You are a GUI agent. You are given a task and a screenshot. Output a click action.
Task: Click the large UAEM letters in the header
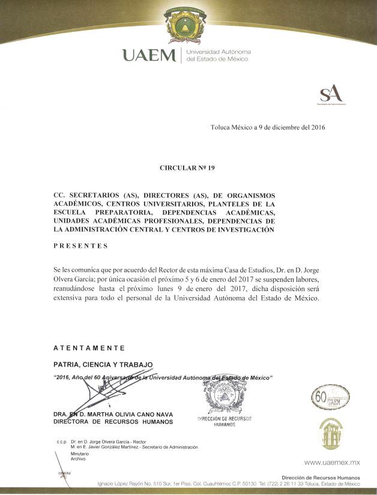(149, 56)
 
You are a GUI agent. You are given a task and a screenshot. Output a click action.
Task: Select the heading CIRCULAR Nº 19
(187, 168)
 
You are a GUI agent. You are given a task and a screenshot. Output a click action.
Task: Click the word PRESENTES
(80, 245)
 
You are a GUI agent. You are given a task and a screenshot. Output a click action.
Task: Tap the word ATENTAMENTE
(89, 348)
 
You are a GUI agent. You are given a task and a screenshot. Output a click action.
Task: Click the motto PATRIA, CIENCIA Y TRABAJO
(103, 364)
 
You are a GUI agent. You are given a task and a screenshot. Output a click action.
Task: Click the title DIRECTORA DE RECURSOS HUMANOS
(113, 422)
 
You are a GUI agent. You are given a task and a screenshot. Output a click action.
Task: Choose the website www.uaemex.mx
(332, 463)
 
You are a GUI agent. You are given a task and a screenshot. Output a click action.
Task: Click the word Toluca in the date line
(222, 128)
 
